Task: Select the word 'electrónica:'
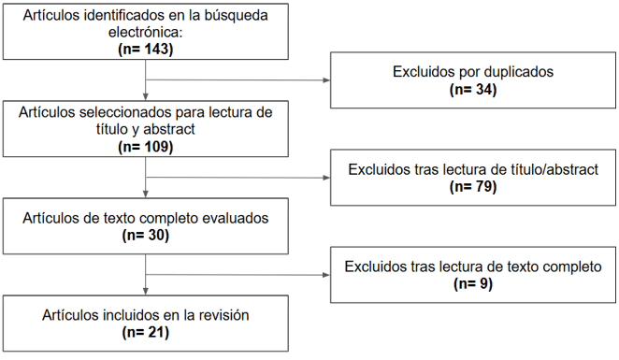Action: pyautogui.click(x=146, y=33)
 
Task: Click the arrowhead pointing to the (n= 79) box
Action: pyautogui.click(x=326, y=177)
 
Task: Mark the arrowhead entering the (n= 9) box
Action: pyautogui.click(x=326, y=275)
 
